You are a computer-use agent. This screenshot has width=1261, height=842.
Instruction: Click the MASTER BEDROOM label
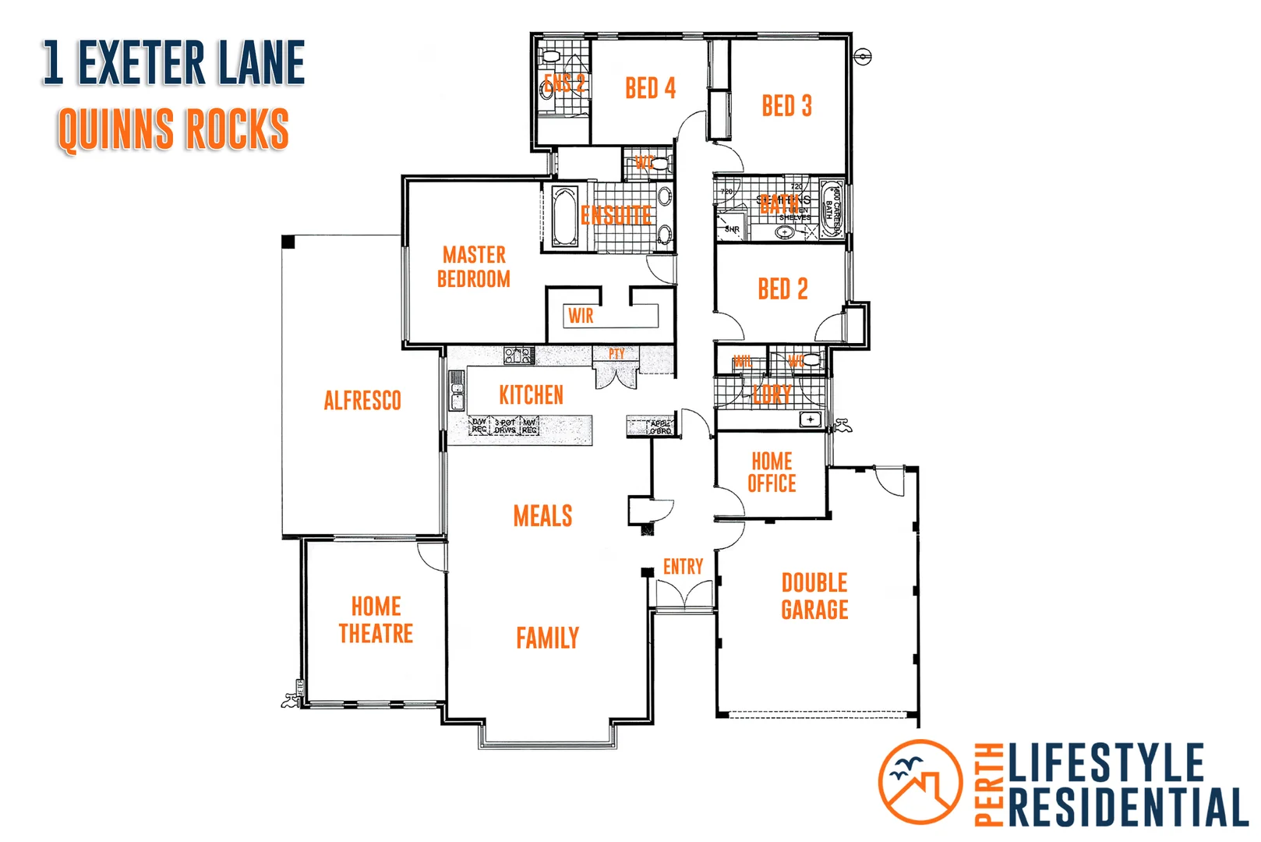click(x=474, y=267)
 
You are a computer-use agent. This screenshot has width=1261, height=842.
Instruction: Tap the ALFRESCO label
click(x=362, y=401)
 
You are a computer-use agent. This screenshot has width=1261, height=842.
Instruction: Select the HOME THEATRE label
click(x=376, y=620)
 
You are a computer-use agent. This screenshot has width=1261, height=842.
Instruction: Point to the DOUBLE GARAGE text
click(x=814, y=596)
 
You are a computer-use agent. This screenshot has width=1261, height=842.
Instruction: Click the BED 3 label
click(x=786, y=106)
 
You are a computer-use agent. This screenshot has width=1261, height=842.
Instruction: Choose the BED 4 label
click(x=650, y=88)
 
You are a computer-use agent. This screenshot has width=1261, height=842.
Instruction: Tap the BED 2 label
click(x=782, y=289)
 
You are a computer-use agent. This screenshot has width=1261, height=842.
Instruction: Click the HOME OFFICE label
click(x=772, y=472)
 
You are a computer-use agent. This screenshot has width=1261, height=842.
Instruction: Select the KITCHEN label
click(x=531, y=395)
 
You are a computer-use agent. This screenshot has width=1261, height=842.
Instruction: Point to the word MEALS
click(x=542, y=516)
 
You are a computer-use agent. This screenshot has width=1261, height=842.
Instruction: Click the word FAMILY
click(x=547, y=639)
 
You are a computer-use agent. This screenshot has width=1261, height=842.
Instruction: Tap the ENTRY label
click(x=683, y=567)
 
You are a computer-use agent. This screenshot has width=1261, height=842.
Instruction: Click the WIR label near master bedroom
click(x=581, y=316)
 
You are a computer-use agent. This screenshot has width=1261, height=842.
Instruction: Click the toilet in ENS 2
click(x=551, y=57)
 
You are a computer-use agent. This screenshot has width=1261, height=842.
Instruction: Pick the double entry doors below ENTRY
click(x=683, y=596)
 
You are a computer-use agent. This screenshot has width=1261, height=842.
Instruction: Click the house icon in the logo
click(x=921, y=787)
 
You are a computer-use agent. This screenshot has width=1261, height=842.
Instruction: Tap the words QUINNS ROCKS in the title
click(x=173, y=129)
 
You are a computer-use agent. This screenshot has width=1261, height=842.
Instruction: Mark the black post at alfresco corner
click(x=288, y=242)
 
